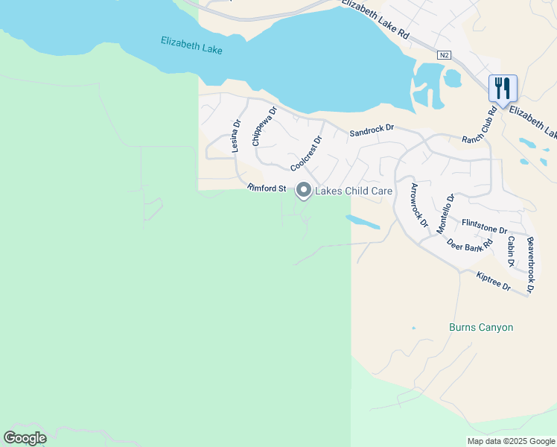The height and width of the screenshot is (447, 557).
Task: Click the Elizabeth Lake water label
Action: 192,45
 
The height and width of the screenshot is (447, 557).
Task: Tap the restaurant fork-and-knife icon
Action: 503,88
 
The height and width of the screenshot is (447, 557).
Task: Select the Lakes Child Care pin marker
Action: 304,191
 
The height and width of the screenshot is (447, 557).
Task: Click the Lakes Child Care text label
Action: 354,191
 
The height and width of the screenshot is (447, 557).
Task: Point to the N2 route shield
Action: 444,54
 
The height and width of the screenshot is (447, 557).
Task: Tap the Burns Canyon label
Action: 481,327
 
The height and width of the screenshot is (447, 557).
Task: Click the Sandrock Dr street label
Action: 372,130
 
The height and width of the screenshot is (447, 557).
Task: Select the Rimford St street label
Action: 267,188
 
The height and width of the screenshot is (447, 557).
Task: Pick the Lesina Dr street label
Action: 235,136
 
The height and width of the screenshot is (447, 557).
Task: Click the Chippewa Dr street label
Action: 264,126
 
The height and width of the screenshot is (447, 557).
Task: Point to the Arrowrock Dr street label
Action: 420,205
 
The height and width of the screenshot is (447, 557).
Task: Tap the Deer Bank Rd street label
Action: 470,244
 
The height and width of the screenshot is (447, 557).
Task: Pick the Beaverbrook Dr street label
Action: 530,264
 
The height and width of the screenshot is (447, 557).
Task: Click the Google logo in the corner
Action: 25,438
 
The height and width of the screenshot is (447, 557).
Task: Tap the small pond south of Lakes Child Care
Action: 363,222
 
